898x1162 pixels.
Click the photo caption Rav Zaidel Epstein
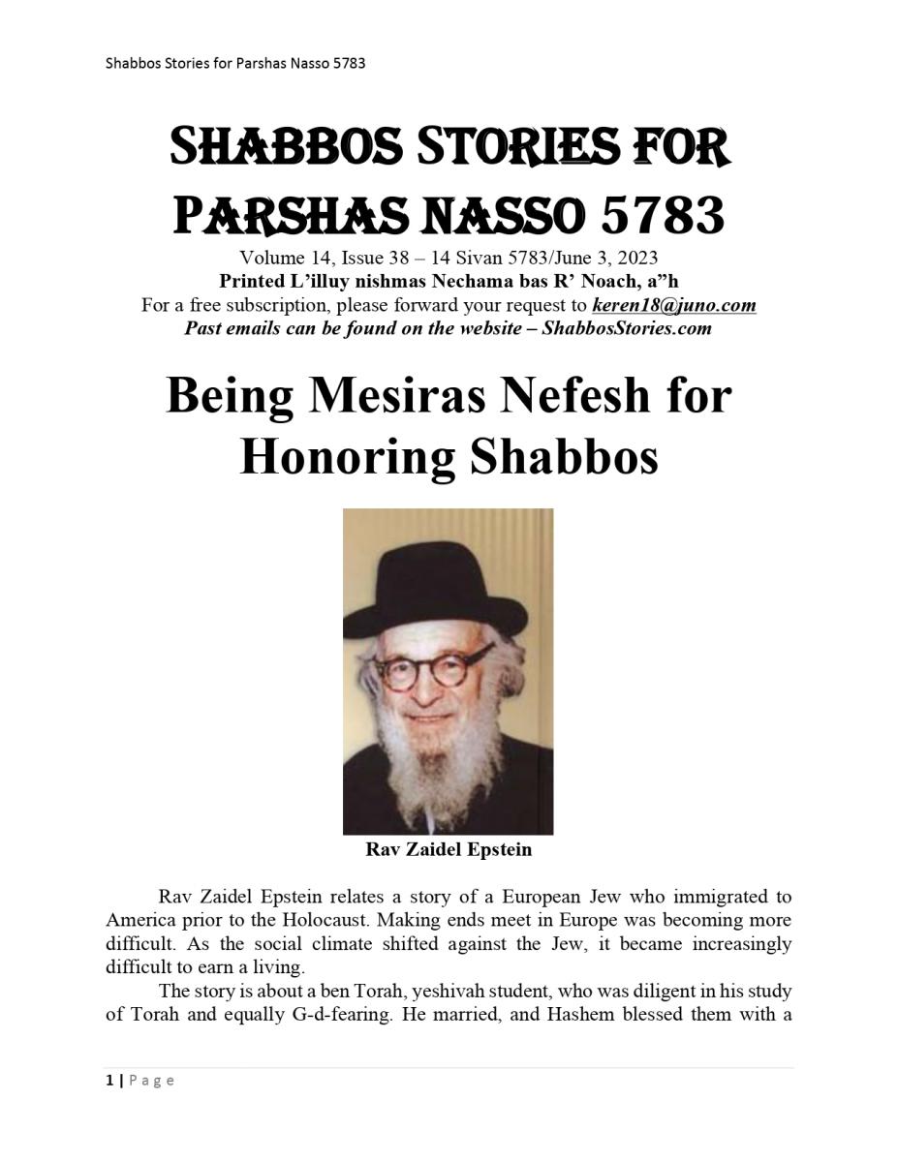point(448,850)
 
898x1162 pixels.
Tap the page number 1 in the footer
point(109,1081)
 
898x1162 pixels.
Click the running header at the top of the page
point(235,64)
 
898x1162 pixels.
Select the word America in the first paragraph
point(139,920)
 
